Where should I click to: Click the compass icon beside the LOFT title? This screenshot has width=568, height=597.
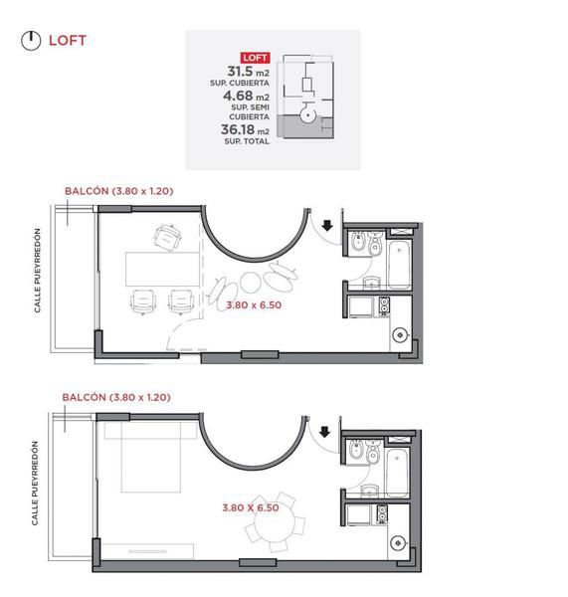click(31, 41)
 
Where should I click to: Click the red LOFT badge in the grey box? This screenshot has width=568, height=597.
click(255, 58)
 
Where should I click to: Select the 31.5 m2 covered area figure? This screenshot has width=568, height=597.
click(249, 72)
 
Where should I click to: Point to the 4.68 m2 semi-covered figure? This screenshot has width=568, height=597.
click(246, 96)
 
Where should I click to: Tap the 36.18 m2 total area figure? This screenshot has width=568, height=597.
click(245, 129)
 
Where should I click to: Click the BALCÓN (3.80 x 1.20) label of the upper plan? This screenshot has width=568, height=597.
click(118, 191)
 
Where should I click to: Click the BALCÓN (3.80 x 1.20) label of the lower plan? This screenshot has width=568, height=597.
click(116, 397)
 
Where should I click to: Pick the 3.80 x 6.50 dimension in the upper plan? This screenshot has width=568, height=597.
click(254, 305)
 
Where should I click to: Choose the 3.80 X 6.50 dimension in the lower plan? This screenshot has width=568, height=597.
click(251, 507)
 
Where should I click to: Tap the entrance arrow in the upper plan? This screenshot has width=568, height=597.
click(327, 226)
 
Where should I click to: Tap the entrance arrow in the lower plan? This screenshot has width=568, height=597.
click(324, 432)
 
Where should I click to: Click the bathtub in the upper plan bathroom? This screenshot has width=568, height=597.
click(399, 264)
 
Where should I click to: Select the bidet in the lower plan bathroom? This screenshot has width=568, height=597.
click(357, 450)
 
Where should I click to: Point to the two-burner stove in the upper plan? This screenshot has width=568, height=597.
click(384, 306)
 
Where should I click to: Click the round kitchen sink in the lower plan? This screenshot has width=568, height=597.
click(398, 542)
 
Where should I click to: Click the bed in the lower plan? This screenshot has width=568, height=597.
click(151, 457)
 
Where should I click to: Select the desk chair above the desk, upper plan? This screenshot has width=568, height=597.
click(167, 238)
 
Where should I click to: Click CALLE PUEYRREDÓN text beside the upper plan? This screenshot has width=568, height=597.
click(37, 271)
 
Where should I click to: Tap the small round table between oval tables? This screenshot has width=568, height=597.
click(251, 283)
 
